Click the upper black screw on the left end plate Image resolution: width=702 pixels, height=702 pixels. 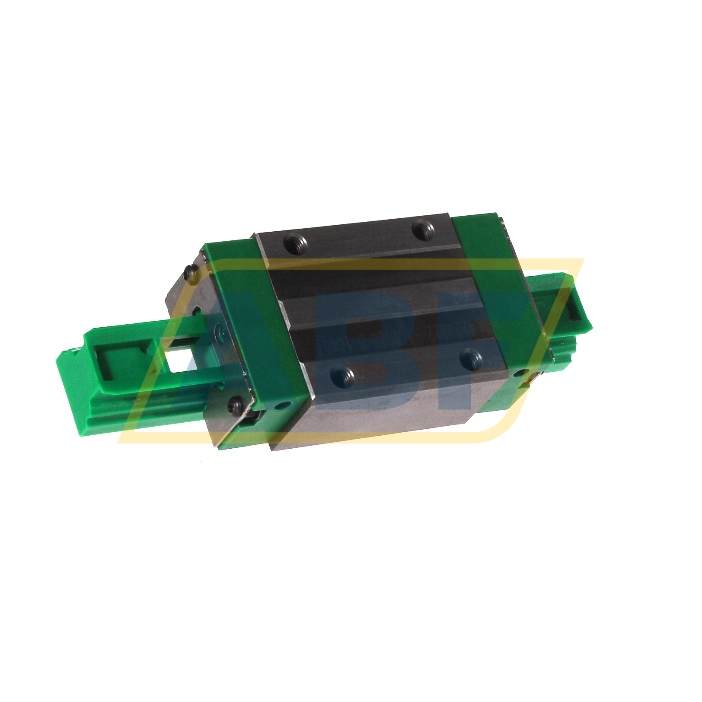point(188,272)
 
